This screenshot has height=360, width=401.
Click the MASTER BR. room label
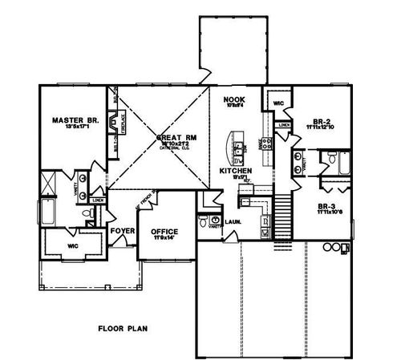75,120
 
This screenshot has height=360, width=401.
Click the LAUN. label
232,220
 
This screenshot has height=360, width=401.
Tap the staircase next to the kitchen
282,209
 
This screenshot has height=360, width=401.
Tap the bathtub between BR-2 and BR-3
346,166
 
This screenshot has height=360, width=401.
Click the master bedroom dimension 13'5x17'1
75,128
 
